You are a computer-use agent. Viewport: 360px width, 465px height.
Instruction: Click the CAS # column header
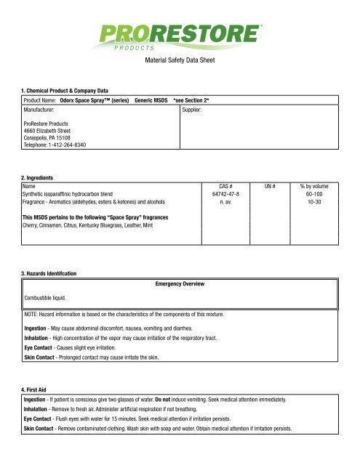231,187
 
